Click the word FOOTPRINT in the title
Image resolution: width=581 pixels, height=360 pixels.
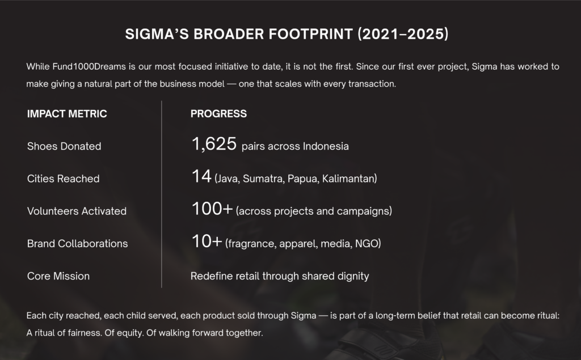point(310,34)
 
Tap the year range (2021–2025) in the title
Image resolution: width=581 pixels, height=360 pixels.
point(403,34)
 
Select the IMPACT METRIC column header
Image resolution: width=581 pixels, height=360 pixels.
point(67,114)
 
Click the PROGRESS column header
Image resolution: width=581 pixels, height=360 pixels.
point(218,114)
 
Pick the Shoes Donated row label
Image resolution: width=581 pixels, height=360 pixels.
point(64,146)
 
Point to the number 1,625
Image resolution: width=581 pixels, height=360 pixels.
point(214,143)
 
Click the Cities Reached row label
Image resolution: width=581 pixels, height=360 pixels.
point(64,179)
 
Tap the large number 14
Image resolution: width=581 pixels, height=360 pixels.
point(201,176)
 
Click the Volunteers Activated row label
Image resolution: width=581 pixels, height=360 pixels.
point(77,211)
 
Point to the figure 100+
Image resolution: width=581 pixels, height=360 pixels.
point(212,209)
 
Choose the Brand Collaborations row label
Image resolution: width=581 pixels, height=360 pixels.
point(77,244)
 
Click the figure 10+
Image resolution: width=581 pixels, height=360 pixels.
point(207,241)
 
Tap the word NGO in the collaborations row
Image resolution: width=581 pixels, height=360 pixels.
point(368,244)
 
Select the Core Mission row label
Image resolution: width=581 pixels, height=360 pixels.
point(58,276)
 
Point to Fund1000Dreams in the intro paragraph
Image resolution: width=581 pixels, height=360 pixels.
point(89,67)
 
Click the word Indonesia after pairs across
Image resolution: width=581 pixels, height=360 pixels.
point(326,146)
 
